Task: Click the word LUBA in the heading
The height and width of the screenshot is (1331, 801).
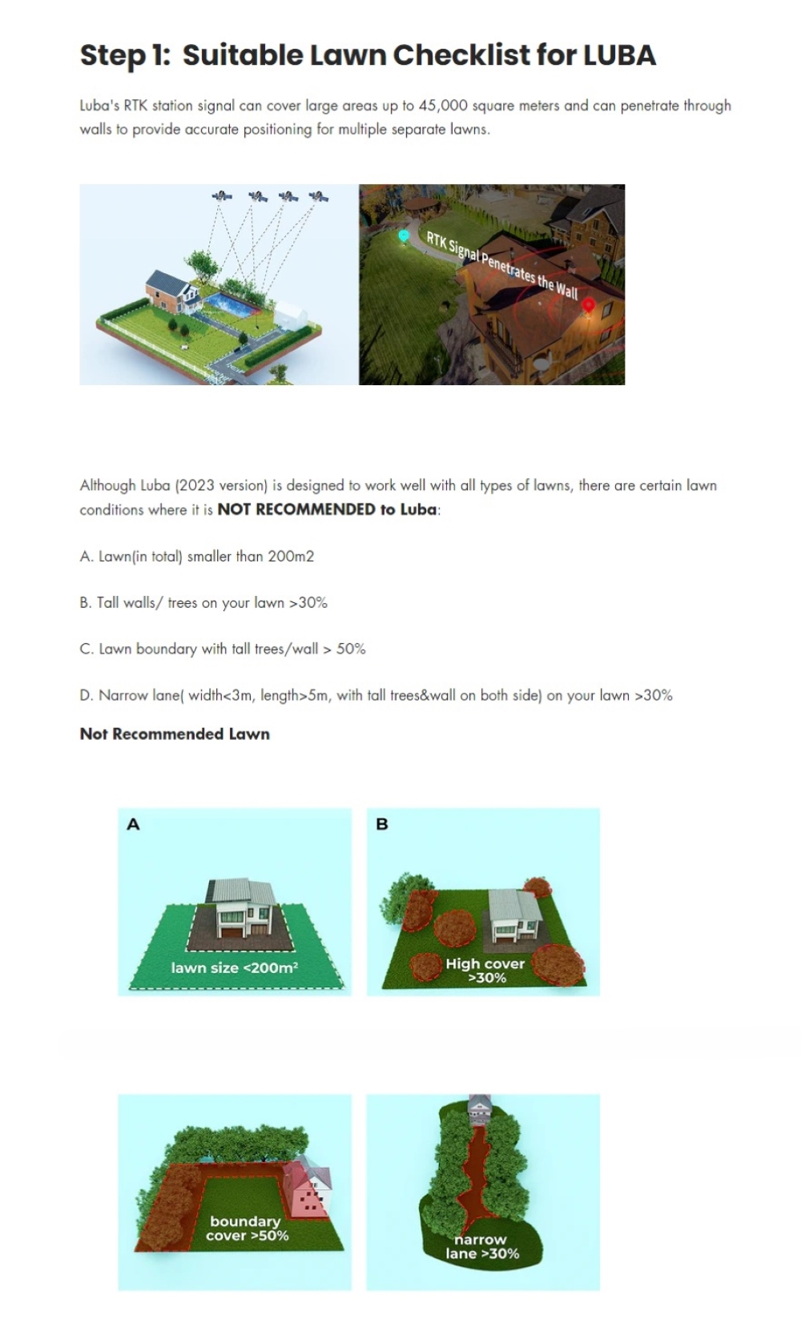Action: [x=620, y=54]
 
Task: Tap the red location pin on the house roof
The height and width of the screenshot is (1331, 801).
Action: [x=588, y=305]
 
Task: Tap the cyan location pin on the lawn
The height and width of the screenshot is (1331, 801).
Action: [x=404, y=236]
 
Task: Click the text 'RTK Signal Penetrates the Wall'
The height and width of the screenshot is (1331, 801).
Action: [x=502, y=265]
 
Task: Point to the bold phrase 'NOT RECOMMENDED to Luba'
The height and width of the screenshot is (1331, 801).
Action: [x=328, y=510]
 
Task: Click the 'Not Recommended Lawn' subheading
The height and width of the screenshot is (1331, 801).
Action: [x=175, y=734]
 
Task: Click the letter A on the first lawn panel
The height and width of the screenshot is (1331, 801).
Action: [x=133, y=824]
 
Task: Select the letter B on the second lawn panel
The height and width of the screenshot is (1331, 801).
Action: [x=382, y=824]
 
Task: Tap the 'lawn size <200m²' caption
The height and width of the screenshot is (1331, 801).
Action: [x=235, y=968]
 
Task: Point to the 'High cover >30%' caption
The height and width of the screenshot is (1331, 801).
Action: [x=485, y=971]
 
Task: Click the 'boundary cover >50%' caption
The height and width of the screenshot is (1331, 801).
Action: [x=247, y=1228]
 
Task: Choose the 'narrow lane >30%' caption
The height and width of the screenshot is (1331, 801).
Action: [x=482, y=1246]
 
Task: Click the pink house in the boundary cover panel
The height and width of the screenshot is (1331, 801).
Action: [x=308, y=1184]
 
